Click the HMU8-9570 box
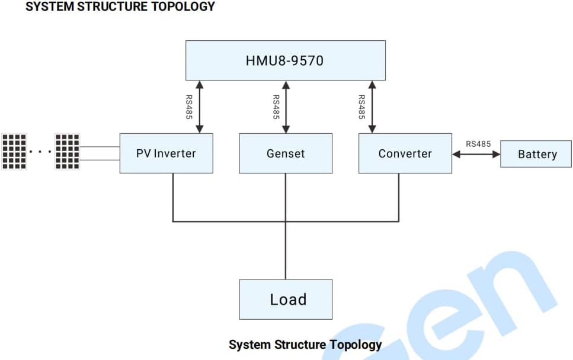coord(285,60)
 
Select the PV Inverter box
coord(166,153)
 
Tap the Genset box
coord(286,153)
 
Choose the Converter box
coord(405,153)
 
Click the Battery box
coord(536,154)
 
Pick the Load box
coord(286,299)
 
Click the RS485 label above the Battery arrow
coord(478,143)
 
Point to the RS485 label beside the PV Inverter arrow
coord(189,107)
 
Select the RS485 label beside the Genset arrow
coord(276,107)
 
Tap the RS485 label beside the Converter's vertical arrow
coord(361,107)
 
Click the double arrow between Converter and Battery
coord(476,154)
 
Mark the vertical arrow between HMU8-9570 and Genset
coord(286,107)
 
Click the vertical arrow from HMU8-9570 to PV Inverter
coord(200,107)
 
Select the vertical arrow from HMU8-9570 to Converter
coord(372,107)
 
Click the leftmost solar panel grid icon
coord(14,152)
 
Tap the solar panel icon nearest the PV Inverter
coord(67,152)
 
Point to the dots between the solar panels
coord(40,152)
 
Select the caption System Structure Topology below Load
coord(305,345)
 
